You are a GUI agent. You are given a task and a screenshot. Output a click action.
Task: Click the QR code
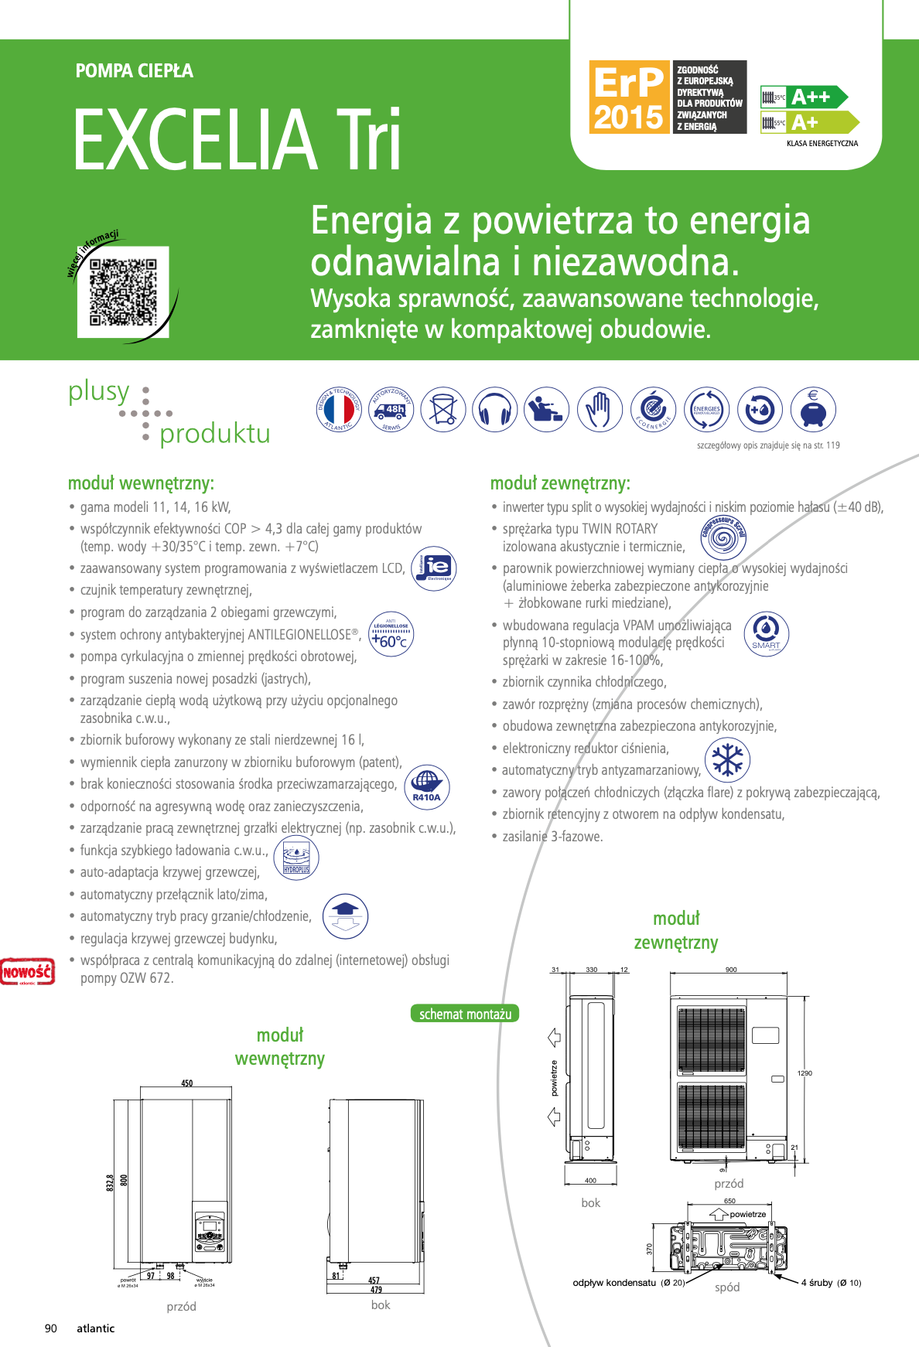coord(123,292)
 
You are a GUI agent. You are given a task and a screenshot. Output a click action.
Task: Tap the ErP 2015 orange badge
coord(629,97)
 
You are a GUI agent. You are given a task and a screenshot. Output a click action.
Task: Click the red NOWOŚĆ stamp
coord(28,971)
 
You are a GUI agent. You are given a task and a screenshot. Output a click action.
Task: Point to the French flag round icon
coord(339,409)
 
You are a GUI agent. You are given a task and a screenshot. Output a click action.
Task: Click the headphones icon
coord(495,409)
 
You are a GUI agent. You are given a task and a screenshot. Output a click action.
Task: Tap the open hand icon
coord(600,409)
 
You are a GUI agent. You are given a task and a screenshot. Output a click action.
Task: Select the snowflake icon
coord(727,759)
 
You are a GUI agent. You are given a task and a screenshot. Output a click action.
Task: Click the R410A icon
coord(427,786)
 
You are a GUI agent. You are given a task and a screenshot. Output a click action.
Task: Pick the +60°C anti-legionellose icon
coord(391,634)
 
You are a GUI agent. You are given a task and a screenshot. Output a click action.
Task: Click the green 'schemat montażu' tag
coord(465,1014)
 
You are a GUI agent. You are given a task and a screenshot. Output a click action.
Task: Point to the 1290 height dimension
coord(805,1073)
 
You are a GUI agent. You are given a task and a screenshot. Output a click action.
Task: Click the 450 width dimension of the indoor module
coord(187,1083)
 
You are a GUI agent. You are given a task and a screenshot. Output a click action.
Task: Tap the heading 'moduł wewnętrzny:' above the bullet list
coord(141,483)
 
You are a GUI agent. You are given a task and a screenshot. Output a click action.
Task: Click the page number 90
coord(51,1328)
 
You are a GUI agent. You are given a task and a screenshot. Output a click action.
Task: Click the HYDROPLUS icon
coord(296,858)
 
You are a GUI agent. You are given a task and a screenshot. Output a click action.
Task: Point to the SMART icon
coord(766,633)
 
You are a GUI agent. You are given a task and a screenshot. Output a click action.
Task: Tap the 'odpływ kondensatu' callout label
coord(614,1283)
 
